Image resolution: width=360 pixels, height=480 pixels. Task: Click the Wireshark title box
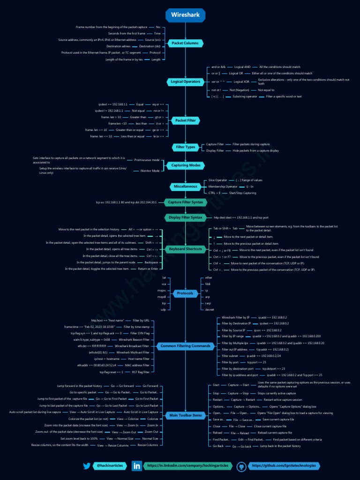tap(186, 15)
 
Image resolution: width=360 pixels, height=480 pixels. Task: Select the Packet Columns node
tap(185, 43)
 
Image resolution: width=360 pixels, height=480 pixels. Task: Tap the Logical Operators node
tap(185, 82)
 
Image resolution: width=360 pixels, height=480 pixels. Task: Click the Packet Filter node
tap(185, 120)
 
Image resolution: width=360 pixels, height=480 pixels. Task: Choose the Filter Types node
tap(186, 147)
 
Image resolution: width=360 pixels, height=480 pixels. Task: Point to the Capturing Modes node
tap(186, 165)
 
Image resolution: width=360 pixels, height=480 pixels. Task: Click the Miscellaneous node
tap(185, 186)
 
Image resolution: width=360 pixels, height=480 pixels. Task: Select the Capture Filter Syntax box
tap(185, 202)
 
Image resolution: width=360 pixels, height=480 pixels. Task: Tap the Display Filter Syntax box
tap(186, 217)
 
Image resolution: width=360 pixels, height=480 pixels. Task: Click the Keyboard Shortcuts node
tap(185, 249)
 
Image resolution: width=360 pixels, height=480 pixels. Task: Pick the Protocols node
tap(185, 293)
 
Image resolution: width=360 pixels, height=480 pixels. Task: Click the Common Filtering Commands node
tap(185, 346)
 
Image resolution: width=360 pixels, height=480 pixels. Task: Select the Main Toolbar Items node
tap(185, 415)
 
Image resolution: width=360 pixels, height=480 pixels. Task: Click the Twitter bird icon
tap(87, 466)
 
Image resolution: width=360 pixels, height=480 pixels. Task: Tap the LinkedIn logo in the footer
tap(137, 466)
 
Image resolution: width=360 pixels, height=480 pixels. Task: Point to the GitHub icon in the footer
tap(242, 466)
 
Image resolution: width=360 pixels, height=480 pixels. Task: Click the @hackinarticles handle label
tap(109, 466)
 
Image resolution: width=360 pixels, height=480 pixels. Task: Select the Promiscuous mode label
tap(147, 160)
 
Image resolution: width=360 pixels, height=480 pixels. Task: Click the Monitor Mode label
tap(150, 171)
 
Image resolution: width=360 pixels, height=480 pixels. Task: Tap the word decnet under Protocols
tap(210, 309)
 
